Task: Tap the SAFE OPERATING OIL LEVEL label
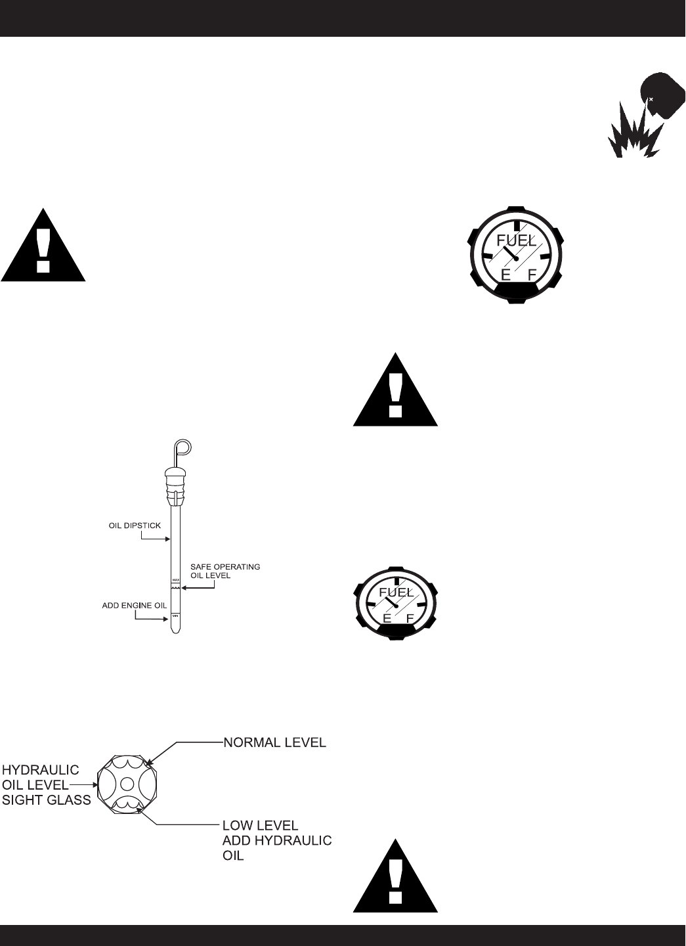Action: (225, 570)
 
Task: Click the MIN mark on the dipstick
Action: (175, 615)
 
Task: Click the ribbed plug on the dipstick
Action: (175, 484)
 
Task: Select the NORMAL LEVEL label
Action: (274, 743)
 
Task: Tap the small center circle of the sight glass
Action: (127, 783)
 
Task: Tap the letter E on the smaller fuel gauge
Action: (387, 619)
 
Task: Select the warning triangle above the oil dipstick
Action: (43, 246)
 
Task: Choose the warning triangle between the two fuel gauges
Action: (395, 391)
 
